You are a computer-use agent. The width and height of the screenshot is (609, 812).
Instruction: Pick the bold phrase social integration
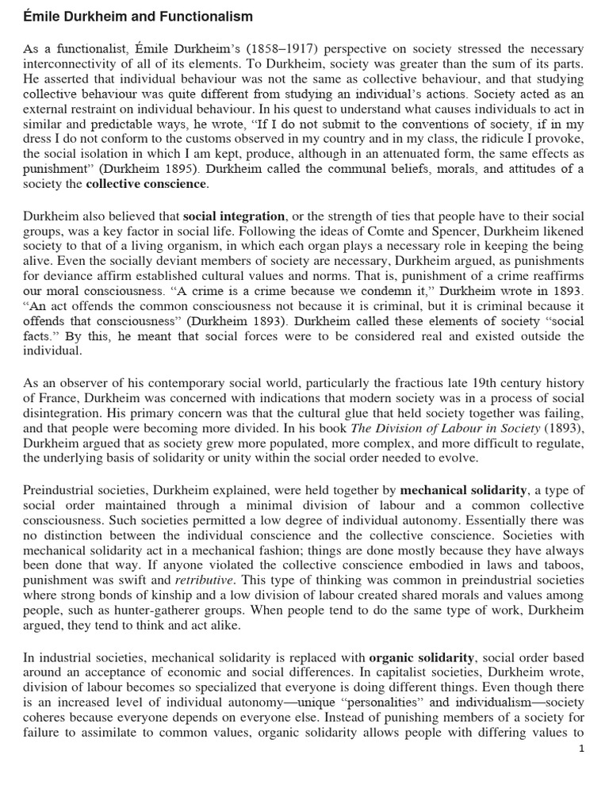234,216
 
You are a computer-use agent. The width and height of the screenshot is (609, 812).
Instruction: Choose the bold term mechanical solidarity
463,490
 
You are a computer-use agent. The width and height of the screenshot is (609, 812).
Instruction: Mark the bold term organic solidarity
422,657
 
